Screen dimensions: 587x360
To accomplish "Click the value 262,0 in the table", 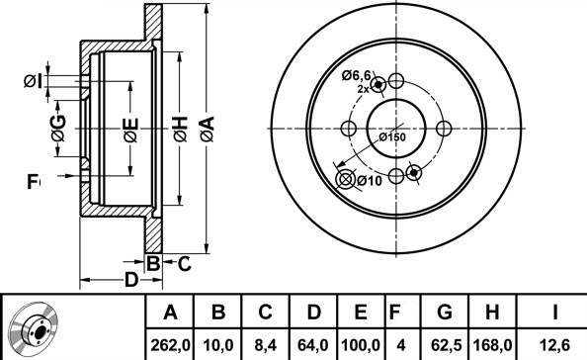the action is (170, 344).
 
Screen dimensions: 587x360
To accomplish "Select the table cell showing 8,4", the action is (266, 344).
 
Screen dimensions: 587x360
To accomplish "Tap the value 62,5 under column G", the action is (446, 344).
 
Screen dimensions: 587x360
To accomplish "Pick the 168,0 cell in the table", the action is (492, 344).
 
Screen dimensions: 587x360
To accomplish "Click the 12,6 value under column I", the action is (555, 344).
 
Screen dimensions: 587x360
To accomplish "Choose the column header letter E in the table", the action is (361, 313).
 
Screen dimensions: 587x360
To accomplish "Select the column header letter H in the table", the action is (492, 313).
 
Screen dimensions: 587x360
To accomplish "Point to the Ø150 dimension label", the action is (392, 137).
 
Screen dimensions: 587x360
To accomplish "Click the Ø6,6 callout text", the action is (356, 76).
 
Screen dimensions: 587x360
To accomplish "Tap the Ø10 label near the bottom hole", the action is (370, 181).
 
